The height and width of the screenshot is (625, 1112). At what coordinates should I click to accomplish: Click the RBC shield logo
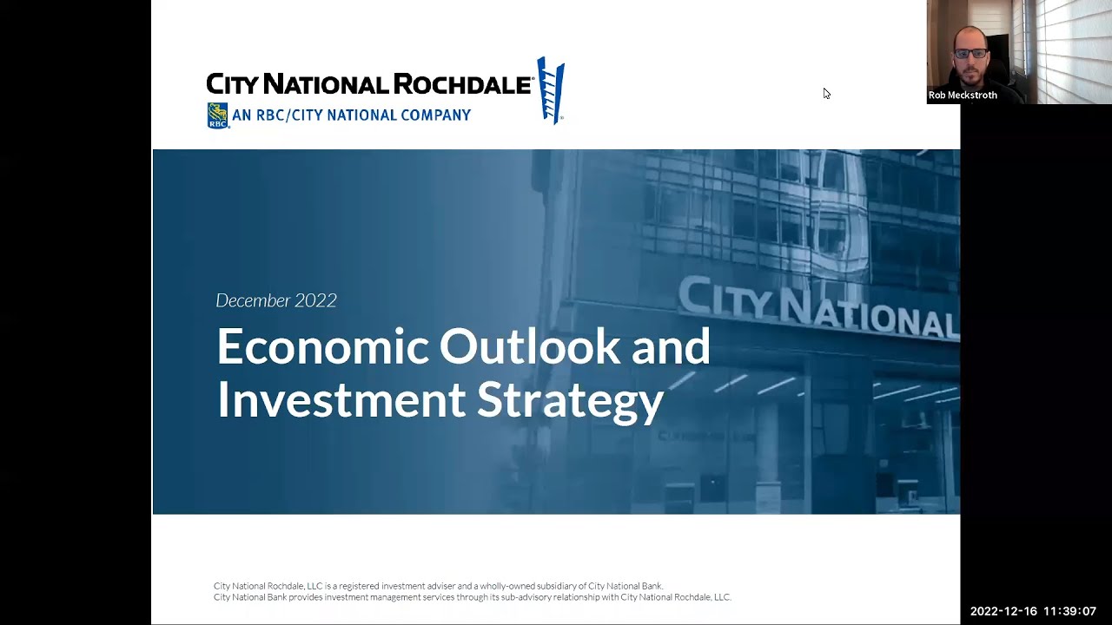point(217,115)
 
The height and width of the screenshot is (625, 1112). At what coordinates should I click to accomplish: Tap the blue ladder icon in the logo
point(551,90)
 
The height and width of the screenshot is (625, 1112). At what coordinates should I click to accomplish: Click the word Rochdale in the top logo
point(462,84)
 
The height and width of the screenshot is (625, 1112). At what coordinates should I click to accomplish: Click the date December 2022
point(276,300)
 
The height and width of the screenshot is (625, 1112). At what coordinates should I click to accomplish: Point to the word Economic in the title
point(323,346)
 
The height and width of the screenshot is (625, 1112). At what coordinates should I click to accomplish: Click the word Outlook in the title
point(530,346)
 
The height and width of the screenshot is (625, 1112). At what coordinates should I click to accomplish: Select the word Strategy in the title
point(570,403)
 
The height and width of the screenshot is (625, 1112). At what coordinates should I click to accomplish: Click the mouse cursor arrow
point(826,93)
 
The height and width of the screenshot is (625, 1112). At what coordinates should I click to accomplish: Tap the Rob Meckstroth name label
point(963,95)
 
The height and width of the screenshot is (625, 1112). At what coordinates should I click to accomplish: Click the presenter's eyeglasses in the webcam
point(971,53)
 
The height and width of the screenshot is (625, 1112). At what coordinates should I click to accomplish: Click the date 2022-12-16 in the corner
point(1003,611)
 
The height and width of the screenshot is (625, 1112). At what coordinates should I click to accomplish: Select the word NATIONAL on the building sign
point(867,315)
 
